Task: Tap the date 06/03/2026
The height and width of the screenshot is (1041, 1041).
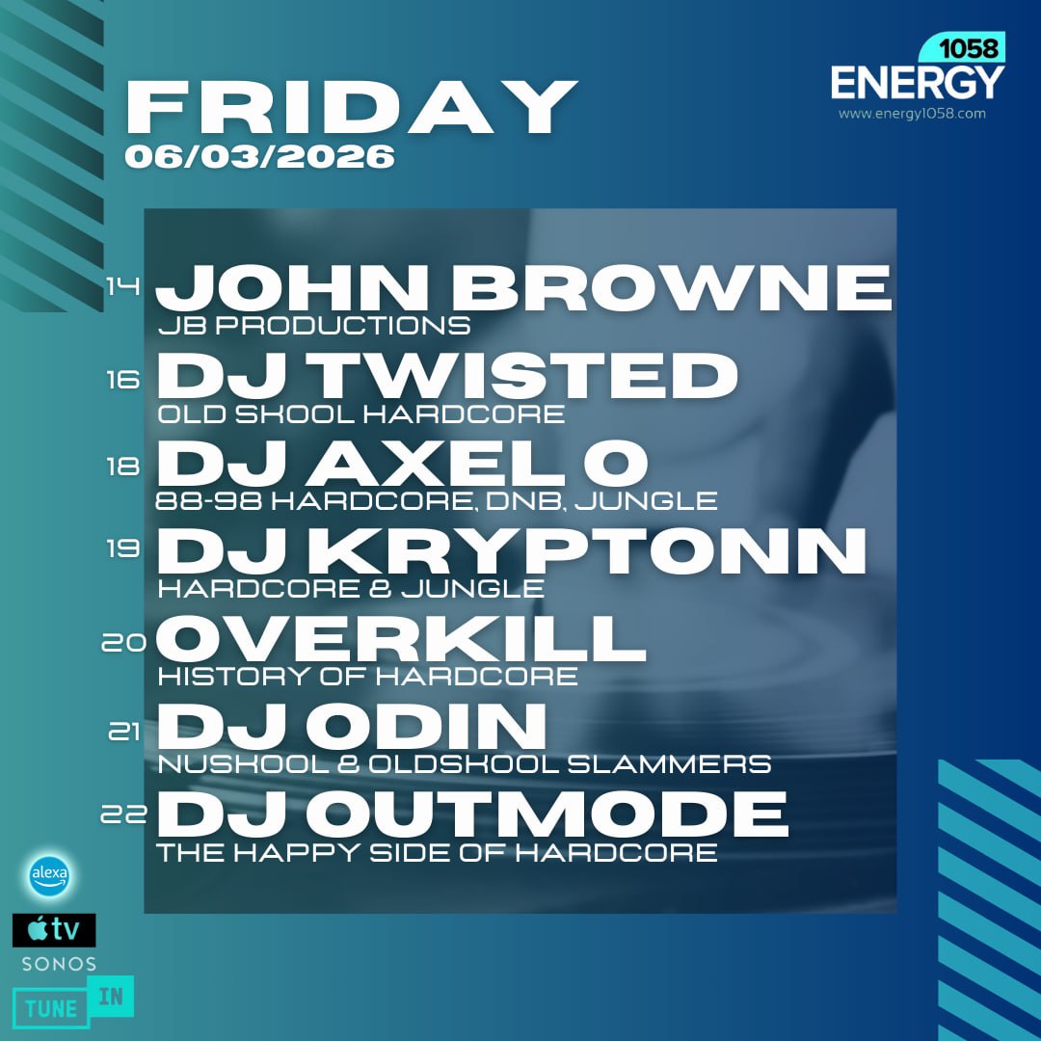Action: pos(259,157)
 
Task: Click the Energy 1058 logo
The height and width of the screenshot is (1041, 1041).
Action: pos(917,71)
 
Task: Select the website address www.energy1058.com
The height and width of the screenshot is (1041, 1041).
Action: pos(912,114)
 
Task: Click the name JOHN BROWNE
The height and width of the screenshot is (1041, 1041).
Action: pos(523,286)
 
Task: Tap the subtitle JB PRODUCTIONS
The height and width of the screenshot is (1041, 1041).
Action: pos(314,326)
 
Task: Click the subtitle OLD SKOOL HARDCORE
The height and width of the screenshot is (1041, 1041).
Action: pos(361,414)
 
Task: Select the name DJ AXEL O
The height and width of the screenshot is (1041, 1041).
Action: pos(402,464)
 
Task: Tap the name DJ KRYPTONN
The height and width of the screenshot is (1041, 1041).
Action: pos(511,550)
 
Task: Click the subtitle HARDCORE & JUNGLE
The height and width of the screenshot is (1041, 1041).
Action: pos(351,588)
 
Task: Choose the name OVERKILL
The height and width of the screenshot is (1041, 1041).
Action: pos(401,637)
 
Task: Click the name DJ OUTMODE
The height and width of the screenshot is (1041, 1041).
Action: pos(472,814)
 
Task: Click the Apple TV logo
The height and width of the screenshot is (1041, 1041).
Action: pos(54,930)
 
